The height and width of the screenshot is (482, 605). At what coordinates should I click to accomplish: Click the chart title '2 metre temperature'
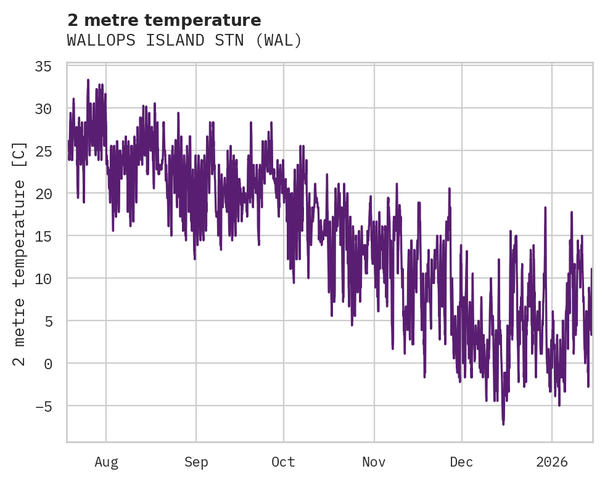164,20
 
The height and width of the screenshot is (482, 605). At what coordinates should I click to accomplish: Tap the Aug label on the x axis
106,462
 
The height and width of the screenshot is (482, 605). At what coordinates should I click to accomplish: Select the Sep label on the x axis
196,462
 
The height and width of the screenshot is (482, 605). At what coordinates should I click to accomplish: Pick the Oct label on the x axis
284,462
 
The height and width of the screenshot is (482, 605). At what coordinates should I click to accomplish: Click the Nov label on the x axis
374,462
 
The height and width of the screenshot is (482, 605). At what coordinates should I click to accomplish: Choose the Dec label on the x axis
461,462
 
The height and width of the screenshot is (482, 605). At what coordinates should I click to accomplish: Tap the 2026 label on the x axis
552,462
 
